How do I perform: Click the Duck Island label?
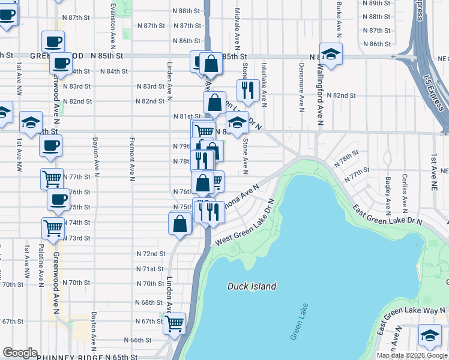click(x=252, y=286)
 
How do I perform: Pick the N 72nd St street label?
click(x=150, y=254)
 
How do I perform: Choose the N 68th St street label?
click(x=150, y=302)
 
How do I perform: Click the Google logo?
click(x=20, y=353)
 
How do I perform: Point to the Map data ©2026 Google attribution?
click(x=412, y=355)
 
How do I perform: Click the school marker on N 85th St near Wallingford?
click(x=330, y=55)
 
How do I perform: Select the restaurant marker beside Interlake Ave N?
click(x=248, y=91)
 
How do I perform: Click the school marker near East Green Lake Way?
click(x=430, y=335)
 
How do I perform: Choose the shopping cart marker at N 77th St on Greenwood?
click(x=52, y=178)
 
